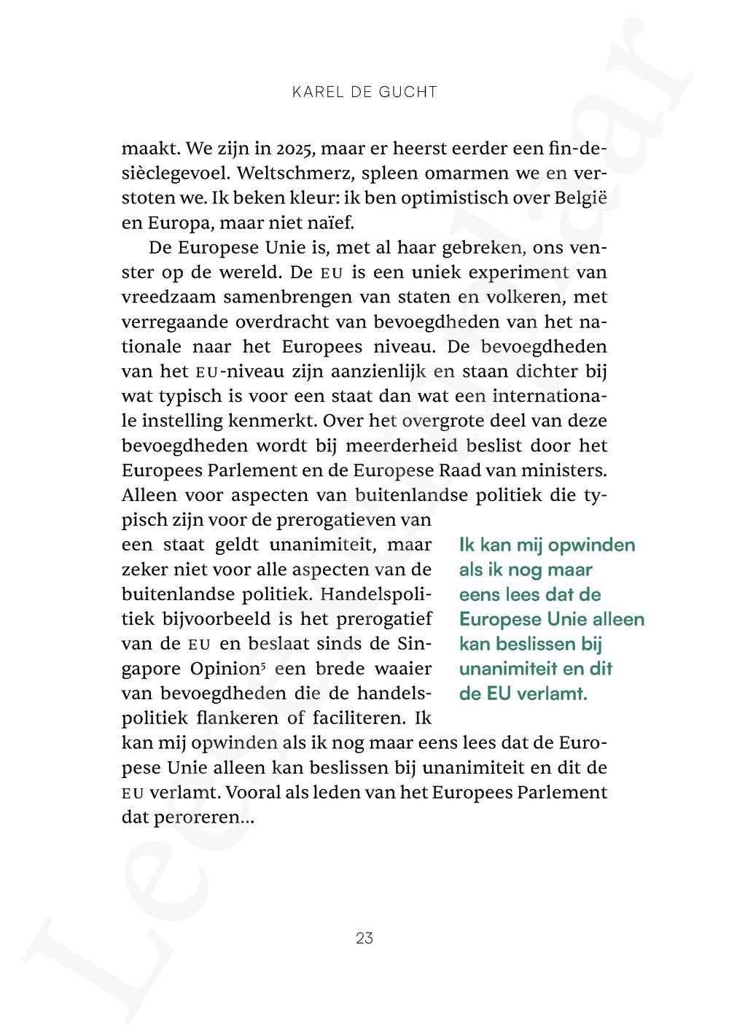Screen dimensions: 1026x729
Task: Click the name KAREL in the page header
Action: click(315, 92)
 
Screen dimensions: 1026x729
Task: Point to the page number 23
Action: click(364, 938)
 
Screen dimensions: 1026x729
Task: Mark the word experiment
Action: click(518, 273)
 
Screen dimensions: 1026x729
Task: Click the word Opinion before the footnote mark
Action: click(225, 669)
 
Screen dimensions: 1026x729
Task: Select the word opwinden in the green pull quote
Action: click(591, 545)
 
